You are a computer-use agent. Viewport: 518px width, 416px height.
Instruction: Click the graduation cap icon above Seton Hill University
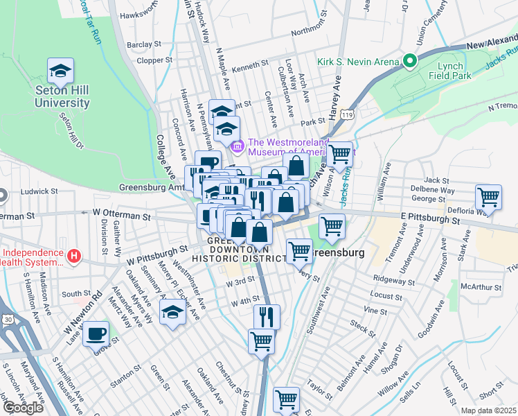[60, 71]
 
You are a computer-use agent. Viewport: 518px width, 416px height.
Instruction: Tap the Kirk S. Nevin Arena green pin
[409, 62]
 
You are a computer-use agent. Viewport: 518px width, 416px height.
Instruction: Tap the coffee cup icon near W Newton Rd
[96, 333]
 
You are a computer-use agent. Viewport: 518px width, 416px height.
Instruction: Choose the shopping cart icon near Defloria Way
[489, 197]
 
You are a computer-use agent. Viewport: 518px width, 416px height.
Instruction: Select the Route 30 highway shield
[6, 338]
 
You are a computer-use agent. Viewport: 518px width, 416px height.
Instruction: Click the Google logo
[22, 408]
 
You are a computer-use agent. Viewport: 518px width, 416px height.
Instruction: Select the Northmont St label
[308, 32]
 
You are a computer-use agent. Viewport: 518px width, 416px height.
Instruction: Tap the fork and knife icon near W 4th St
[267, 318]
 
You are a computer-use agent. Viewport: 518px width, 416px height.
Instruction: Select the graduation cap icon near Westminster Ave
[172, 312]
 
